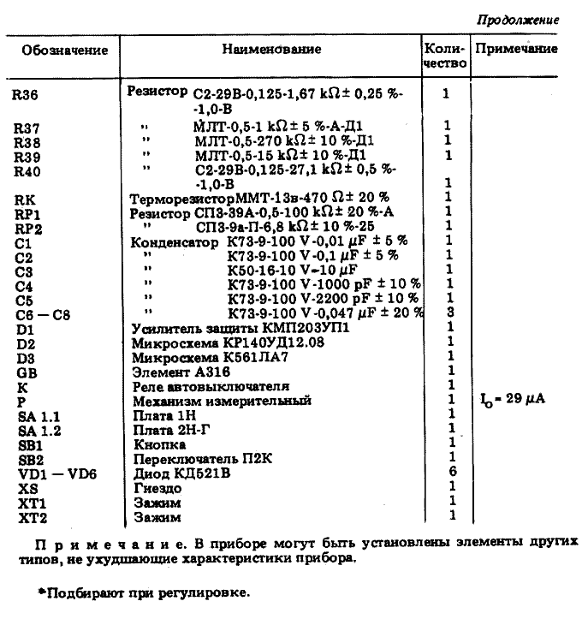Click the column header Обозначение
(65, 50)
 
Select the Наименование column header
(271, 50)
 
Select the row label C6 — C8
(42, 314)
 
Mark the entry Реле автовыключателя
(204, 386)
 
